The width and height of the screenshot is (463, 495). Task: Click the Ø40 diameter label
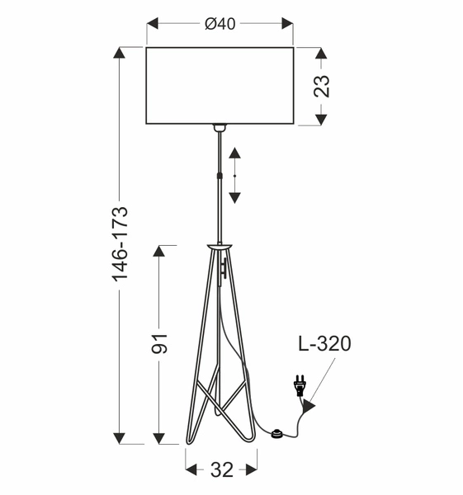220,24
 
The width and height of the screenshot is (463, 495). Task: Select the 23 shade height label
323,87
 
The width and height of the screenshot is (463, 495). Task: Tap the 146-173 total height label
120,244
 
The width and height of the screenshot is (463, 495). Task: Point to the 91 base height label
160,343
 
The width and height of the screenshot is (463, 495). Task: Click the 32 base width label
221,470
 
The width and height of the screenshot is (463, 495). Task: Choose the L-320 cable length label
324,344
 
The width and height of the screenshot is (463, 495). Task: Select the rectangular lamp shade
220,86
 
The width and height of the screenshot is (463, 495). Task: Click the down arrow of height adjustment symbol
235,196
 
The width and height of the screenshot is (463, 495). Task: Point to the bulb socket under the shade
220,129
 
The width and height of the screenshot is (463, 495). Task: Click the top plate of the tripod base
220,246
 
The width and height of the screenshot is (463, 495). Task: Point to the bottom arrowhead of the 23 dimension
323,119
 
